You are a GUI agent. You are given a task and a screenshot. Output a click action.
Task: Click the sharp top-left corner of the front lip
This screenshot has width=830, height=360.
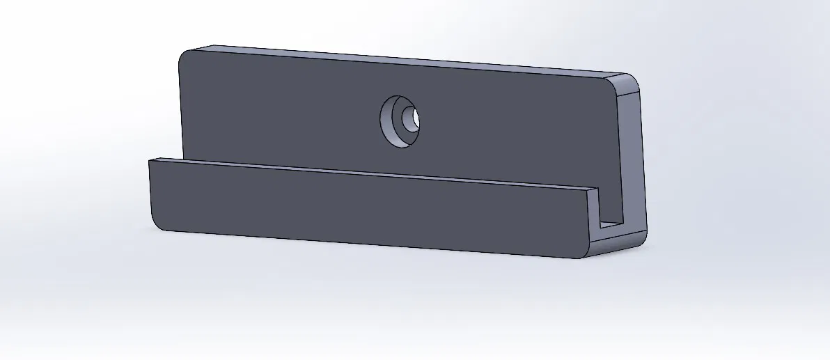[x=150, y=160]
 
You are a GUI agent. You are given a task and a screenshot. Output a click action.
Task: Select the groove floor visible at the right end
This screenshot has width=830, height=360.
[x=611, y=224]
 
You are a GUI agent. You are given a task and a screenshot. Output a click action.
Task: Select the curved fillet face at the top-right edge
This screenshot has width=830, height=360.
[x=627, y=79]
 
